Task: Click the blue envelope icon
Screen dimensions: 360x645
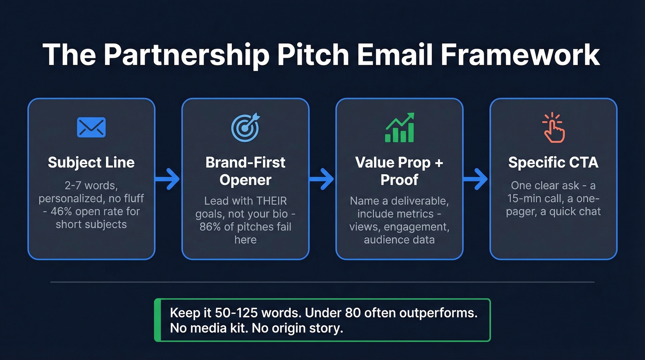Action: click(x=91, y=128)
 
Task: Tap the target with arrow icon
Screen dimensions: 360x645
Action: click(x=245, y=128)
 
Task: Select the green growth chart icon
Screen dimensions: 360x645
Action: click(x=399, y=128)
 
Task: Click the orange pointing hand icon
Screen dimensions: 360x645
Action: click(x=553, y=128)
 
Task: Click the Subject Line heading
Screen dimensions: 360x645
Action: click(x=91, y=162)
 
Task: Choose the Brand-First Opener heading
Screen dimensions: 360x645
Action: click(x=245, y=171)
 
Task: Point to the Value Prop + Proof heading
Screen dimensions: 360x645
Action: click(x=399, y=171)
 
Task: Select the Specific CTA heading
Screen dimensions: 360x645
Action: click(x=553, y=162)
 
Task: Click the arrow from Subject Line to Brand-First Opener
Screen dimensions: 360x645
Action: click(x=168, y=178)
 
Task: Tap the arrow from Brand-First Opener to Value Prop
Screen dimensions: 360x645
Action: click(x=322, y=178)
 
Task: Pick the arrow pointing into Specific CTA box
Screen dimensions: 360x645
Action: click(x=476, y=178)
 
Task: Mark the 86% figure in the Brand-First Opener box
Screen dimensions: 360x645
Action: click(x=211, y=227)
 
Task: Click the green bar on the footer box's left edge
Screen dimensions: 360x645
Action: click(x=157, y=320)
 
